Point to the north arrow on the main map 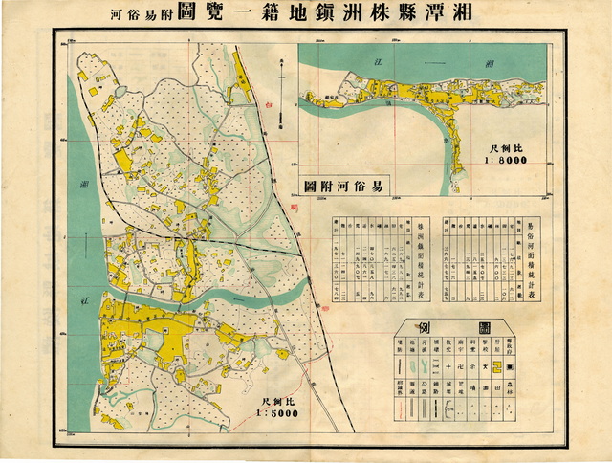(280, 92)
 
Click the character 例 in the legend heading (426, 328)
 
